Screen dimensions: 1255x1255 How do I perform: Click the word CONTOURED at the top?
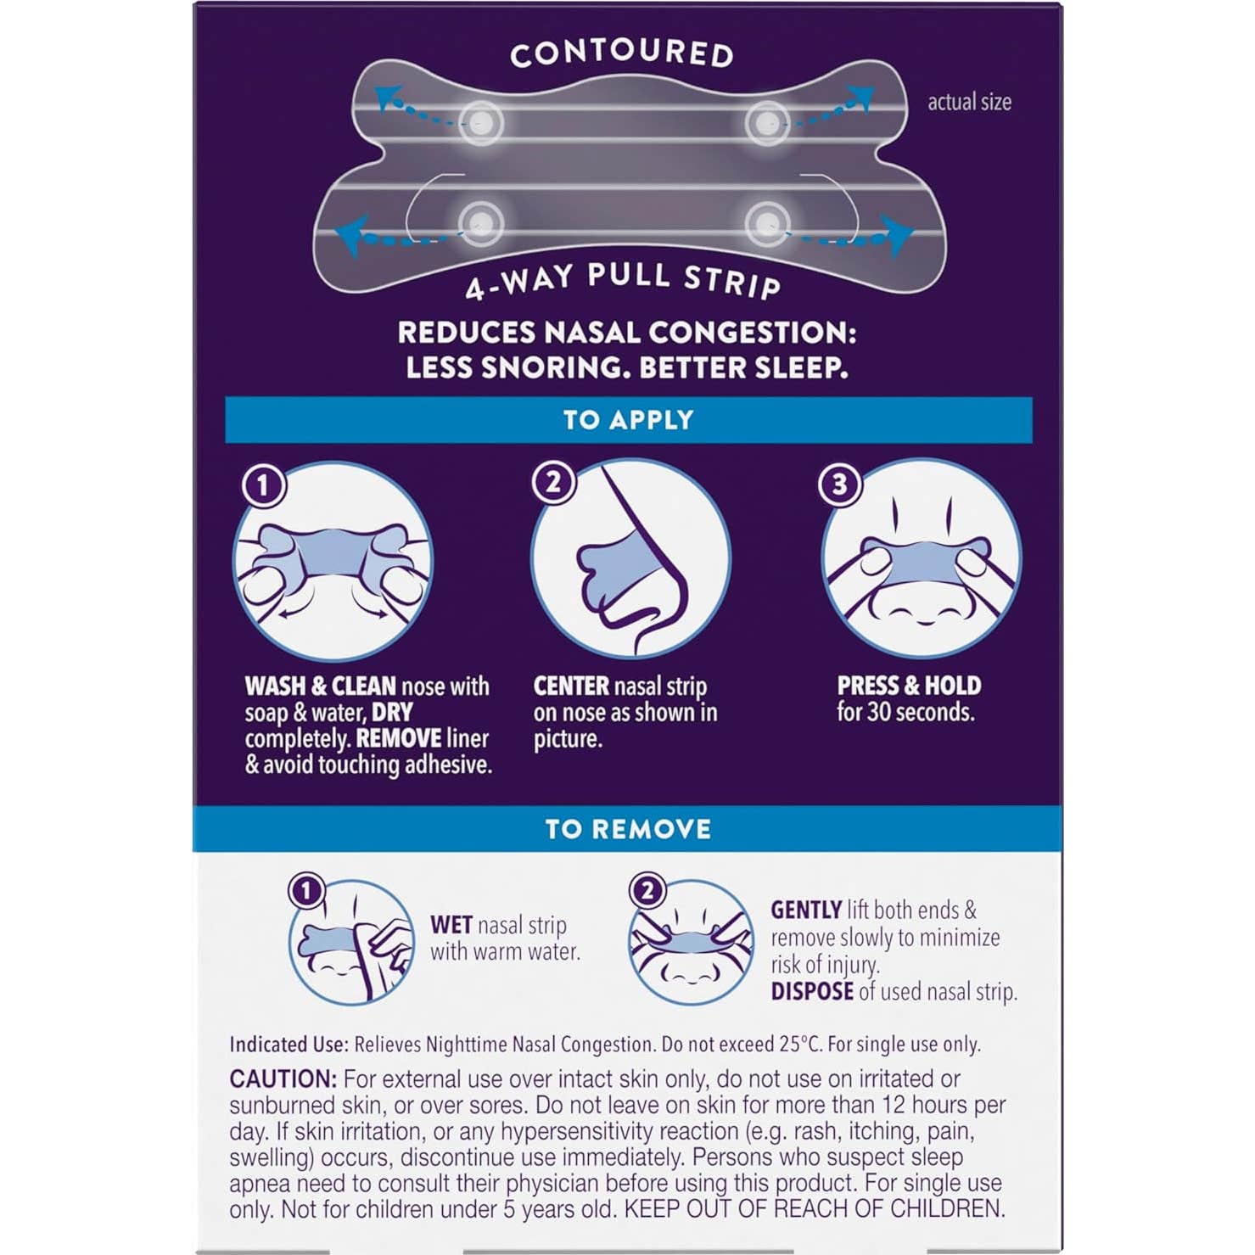[x=622, y=53]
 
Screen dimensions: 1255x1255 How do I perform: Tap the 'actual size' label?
[x=969, y=102]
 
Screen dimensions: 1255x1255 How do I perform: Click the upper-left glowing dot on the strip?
[x=481, y=123]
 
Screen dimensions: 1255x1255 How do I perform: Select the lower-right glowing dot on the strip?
[x=767, y=224]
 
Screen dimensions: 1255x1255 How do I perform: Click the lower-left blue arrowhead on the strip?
[x=351, y=234]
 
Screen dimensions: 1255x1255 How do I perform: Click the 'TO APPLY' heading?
[x=629, y=420]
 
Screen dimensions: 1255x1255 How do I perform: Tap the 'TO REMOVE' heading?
[x=628, y=829]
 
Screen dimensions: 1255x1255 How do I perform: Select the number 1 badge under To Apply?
[x=263, y=485]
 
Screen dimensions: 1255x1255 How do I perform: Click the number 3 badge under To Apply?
[x=839, y=484]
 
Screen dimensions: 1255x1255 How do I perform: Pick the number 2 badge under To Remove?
[x=647, y=890]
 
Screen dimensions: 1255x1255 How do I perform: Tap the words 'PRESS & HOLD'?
[x=909, y=685]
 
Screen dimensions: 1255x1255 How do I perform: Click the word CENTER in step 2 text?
[x=571, y=686]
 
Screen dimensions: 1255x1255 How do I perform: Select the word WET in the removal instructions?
[x=451, y=925]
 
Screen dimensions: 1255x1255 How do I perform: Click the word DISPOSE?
[x=812, y=991]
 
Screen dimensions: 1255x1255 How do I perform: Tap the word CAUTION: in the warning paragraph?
[x=283, y=1079]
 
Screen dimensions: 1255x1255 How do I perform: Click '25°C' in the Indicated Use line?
[x=800, y=1044]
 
